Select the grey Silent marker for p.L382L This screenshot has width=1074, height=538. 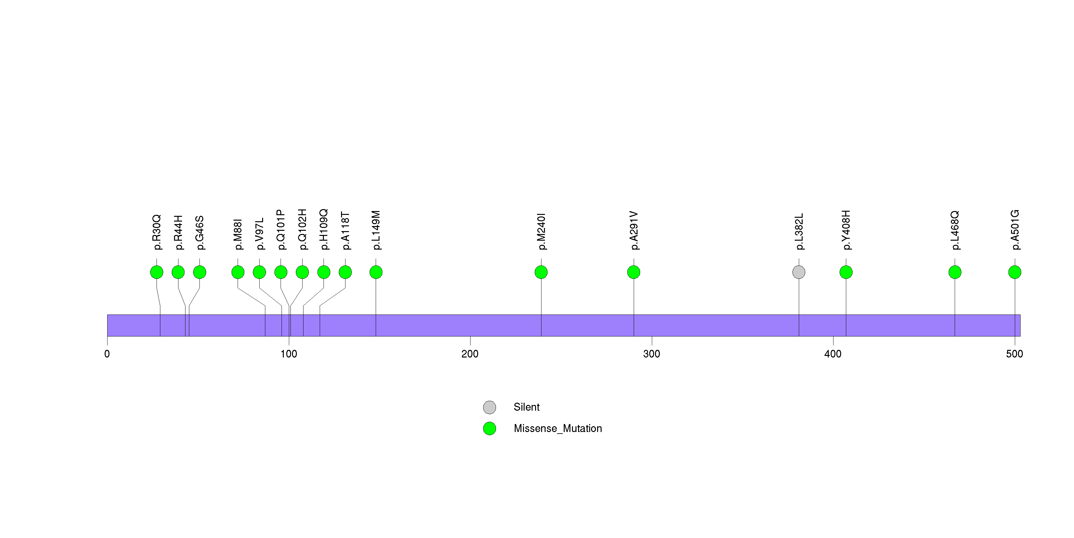pyautogui.click(x=799, y=272)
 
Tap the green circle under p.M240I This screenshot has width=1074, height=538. pyautogui.click(x=541, y=272)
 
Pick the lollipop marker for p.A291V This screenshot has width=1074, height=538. pyautogui.click(x=633, y=272)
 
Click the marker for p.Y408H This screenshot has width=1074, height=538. pyautogui.click(x=846, y=272)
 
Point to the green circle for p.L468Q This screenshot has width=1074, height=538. pyautogui.click(x=954, y=272)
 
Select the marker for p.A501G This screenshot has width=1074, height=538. pyautogui.click(x=1015, y=272)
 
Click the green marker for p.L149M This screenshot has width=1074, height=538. pyautogui.click(x=376, y=272)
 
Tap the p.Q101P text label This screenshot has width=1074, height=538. pyautogui.click(x=281, y=230)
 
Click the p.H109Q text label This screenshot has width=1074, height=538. pyautogui.click(x=324, y=230)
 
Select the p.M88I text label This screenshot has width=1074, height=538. pyautogui.click(x=238, y=234)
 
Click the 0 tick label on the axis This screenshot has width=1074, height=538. pyautogui.click(x=107, y=354)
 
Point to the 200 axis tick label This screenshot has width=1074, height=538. pyautogui.click(x=470, y=354)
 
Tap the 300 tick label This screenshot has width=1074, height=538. pyautogui.click(x=651, y=354)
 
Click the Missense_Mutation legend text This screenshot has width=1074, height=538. pyautogui.click(x=557, y=428)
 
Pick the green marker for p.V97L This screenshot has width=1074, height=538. pyautogui.click(x=259, y=272)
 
